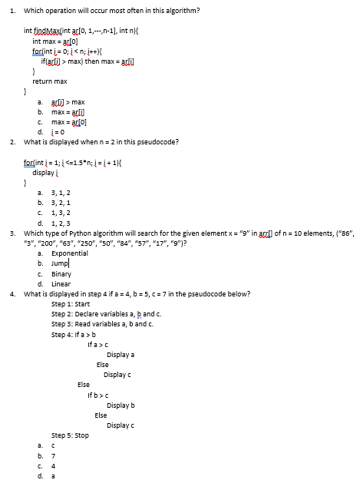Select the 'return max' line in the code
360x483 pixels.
tap(50, 81)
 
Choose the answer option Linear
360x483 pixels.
tap(61, 283)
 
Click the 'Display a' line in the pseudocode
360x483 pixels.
tap(121, 355)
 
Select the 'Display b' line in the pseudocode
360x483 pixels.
tap(121, 405)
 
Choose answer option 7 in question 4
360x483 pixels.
tap(52, 455)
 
